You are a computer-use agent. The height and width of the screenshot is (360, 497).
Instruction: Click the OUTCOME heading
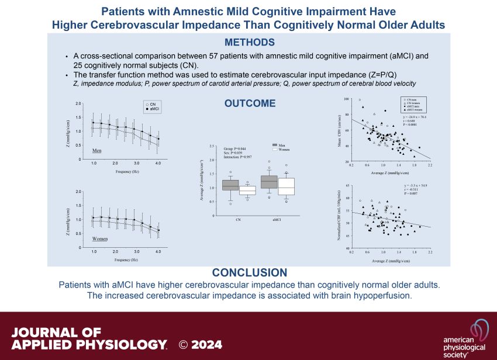click(x=250, y=103)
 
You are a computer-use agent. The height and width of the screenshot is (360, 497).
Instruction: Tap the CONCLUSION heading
click(x=250, y=273)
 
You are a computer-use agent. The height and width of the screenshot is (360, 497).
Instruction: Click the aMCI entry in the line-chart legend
click(x=155, y=109)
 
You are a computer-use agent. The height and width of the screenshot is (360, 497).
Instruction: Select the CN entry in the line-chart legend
click(x=153, y=104)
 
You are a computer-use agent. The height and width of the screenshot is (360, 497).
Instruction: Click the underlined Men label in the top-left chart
click(x=98, y=150)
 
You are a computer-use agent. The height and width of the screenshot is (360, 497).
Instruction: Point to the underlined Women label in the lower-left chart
click(x=101, y=239)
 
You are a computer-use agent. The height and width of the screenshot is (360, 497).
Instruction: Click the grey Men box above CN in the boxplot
click(x=230, y=185)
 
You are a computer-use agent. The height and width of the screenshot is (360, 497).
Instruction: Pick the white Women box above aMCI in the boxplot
click(x=286, y=186)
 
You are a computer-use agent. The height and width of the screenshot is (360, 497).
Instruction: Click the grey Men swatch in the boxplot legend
click(x=277, y=144)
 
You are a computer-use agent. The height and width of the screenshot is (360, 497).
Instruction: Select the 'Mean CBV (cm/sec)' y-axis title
click(x=340, y=130)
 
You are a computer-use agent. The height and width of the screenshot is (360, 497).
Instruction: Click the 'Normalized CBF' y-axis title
click(x=340, y=216)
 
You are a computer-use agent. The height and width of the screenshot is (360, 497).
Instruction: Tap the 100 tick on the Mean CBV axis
click(x=347, y=99)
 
